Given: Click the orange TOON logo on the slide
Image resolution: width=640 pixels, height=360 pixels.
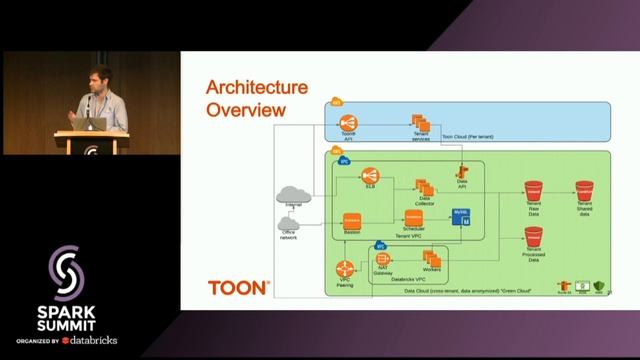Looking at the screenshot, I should (x=238, y=287).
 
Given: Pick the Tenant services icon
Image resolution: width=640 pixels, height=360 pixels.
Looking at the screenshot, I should (x=421, y=121).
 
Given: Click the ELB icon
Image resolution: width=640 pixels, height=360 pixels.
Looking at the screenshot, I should (x=370, y=175).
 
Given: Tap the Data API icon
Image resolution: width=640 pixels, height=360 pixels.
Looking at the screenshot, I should (x=463, y=171).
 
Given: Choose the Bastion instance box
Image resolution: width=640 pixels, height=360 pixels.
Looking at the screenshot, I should (x=352, y=219).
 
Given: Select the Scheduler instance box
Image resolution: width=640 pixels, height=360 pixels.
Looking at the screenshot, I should (x=413, y=218).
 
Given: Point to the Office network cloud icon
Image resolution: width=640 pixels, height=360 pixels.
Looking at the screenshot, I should (x=290, y=225).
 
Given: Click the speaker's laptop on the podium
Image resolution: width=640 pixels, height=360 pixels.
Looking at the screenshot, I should (x=96, y=123).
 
